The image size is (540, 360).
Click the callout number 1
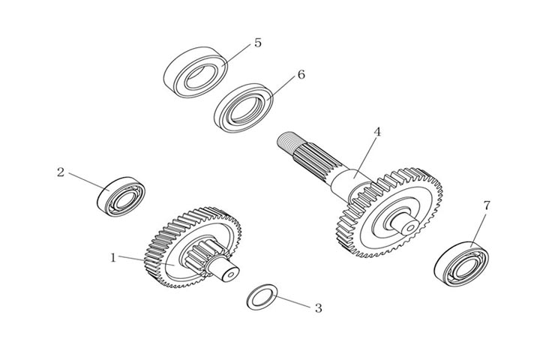113,257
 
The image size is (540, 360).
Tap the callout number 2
61,172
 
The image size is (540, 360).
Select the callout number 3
319,308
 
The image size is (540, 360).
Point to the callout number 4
377,131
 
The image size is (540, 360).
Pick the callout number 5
258,43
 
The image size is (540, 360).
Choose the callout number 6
301,74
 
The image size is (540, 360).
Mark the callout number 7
486,205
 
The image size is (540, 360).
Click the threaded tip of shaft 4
286,142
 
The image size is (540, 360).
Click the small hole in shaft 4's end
410,228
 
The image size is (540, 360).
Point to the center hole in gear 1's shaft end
231,274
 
